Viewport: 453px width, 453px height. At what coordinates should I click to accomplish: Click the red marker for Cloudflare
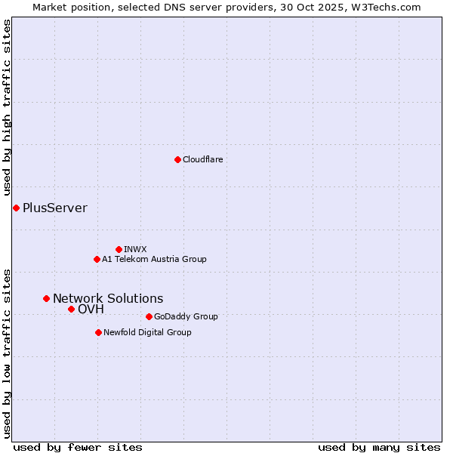point(177,159)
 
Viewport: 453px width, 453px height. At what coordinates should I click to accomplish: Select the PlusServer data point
point(16,208)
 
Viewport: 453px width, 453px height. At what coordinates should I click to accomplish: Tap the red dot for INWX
point(119,249)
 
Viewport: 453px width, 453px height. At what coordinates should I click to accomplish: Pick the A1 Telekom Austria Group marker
point(97,259)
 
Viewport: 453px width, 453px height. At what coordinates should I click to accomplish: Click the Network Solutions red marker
point(46,298)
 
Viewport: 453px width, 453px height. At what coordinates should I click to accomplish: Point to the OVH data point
point(71,309)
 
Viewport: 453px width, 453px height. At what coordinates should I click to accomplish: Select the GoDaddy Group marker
point(149,316)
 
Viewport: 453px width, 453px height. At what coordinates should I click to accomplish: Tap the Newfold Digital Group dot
point(98,332)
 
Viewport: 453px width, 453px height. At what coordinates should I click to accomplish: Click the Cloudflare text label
point(203,159)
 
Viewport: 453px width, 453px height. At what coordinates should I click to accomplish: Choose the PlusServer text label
point(55,208)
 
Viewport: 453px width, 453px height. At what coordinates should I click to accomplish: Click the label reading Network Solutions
point(108,298)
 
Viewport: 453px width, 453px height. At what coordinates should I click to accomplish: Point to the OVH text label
point(91,309)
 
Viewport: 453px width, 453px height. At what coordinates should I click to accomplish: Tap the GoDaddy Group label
point(186,316)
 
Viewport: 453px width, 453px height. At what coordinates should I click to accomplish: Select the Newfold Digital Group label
point(147,332)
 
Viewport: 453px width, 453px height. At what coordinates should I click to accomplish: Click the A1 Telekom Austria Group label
point(154,259)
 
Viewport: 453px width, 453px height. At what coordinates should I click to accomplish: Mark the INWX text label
point(135,249)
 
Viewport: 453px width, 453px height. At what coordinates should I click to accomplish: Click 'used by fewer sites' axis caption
point(78,447)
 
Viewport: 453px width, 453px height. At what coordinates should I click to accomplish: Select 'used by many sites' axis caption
point(379,447)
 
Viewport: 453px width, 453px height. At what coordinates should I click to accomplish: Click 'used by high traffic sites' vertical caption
point(7,110)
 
